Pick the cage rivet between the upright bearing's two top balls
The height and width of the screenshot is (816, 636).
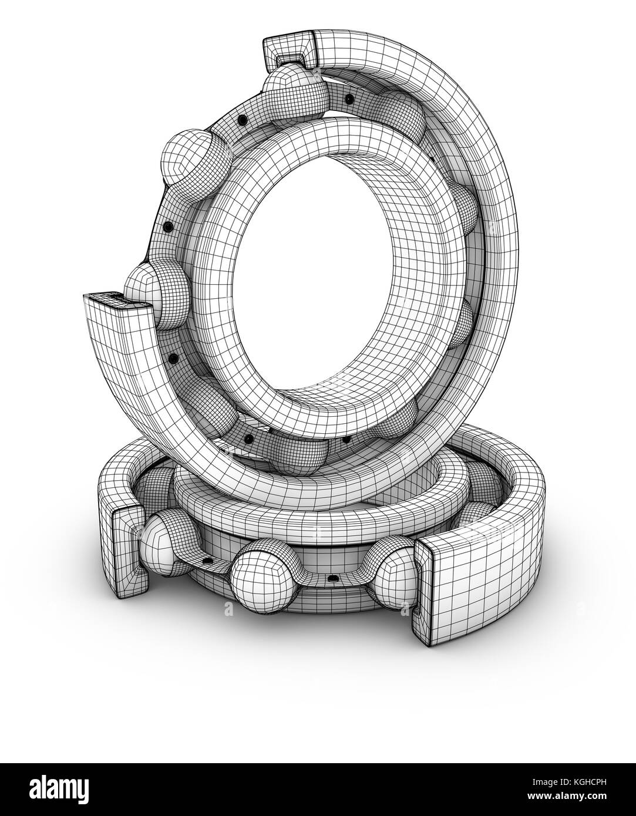click(241, 120)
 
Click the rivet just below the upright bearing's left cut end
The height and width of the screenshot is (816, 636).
click(172, 358)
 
